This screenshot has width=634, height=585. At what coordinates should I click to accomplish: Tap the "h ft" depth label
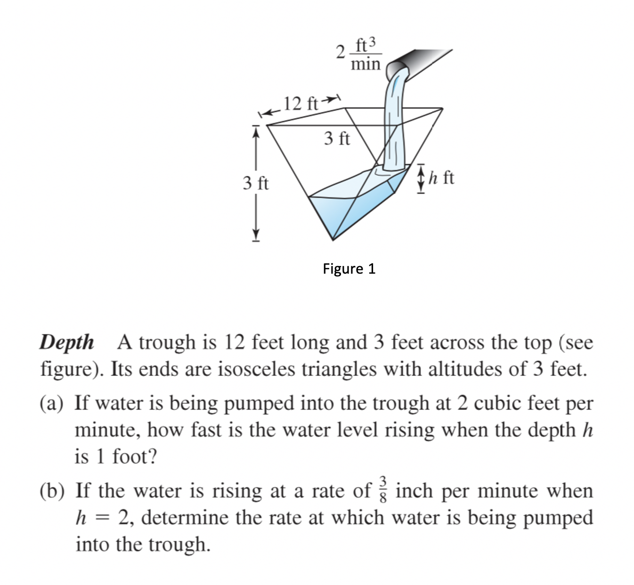[441, 178]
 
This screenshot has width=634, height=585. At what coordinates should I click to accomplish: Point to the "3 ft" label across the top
[337, 139]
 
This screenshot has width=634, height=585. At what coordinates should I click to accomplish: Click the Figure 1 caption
[349, 268]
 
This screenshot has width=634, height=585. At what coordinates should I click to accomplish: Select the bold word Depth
[66, 342]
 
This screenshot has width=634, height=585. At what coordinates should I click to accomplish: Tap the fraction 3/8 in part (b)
[383, 490]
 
